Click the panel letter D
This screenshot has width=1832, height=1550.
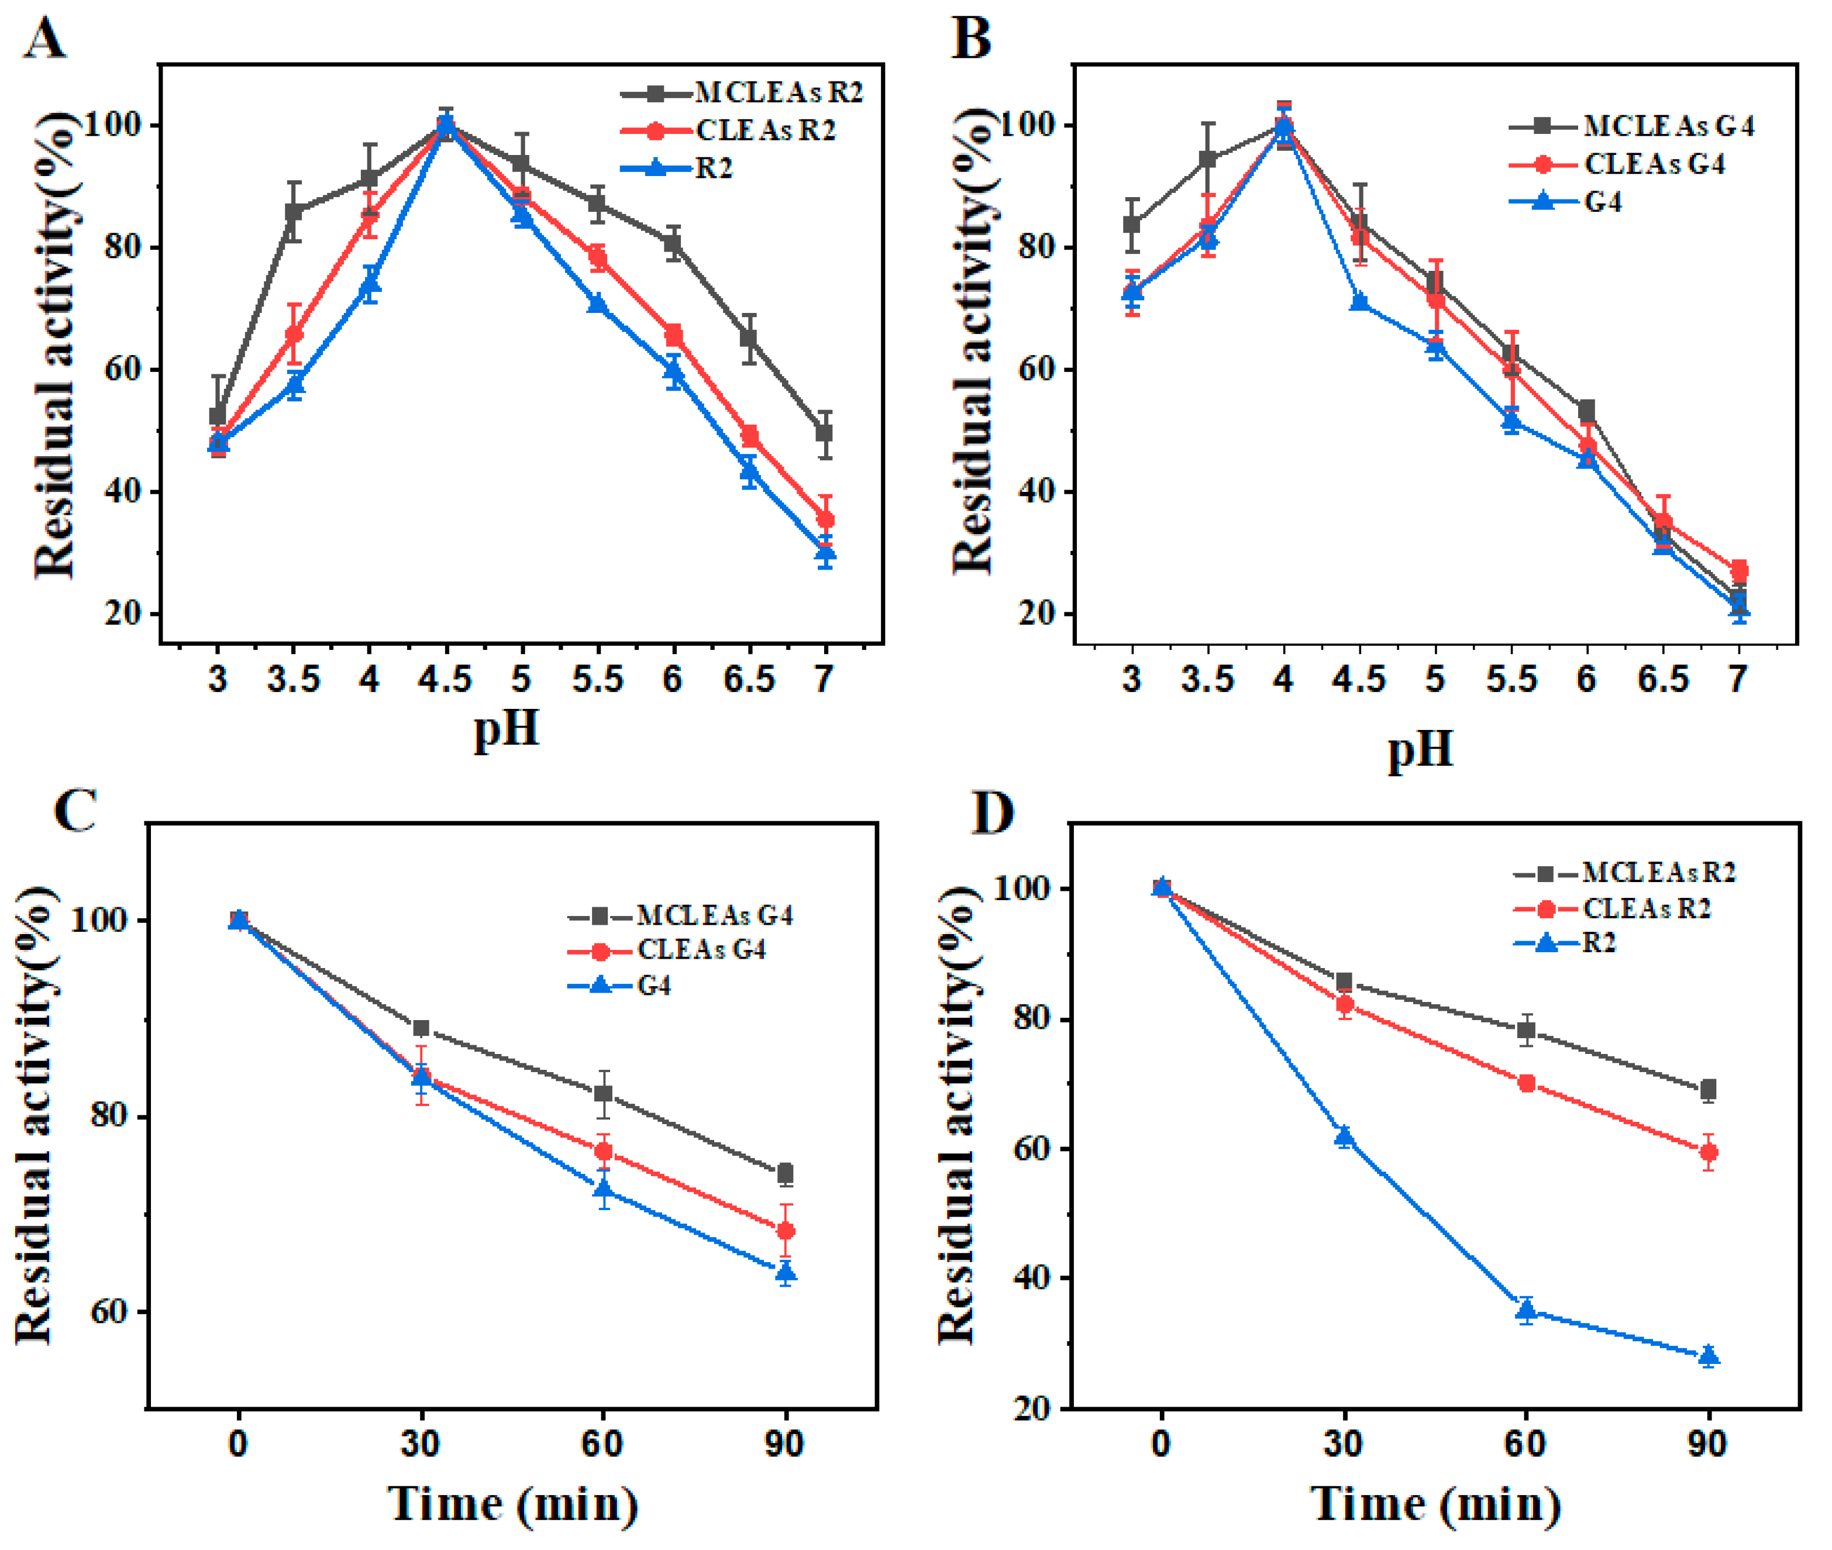[x=992, y=813]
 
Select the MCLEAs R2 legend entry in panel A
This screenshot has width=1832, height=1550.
[x=777, y=92]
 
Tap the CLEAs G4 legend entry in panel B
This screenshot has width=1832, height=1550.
[x=1654, y=164]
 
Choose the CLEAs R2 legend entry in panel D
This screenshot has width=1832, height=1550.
[x=1647, y=908]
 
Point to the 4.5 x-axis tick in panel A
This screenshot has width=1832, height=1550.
[x=446, y=679]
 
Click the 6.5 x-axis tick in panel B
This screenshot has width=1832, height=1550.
[x=1662, y=679]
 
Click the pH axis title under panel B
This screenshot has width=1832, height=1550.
[x=1421, y=749]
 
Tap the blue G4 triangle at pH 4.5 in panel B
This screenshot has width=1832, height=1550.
[x=1360, y=301]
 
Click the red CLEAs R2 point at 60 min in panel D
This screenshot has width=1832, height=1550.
[x=1526, y=1083]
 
